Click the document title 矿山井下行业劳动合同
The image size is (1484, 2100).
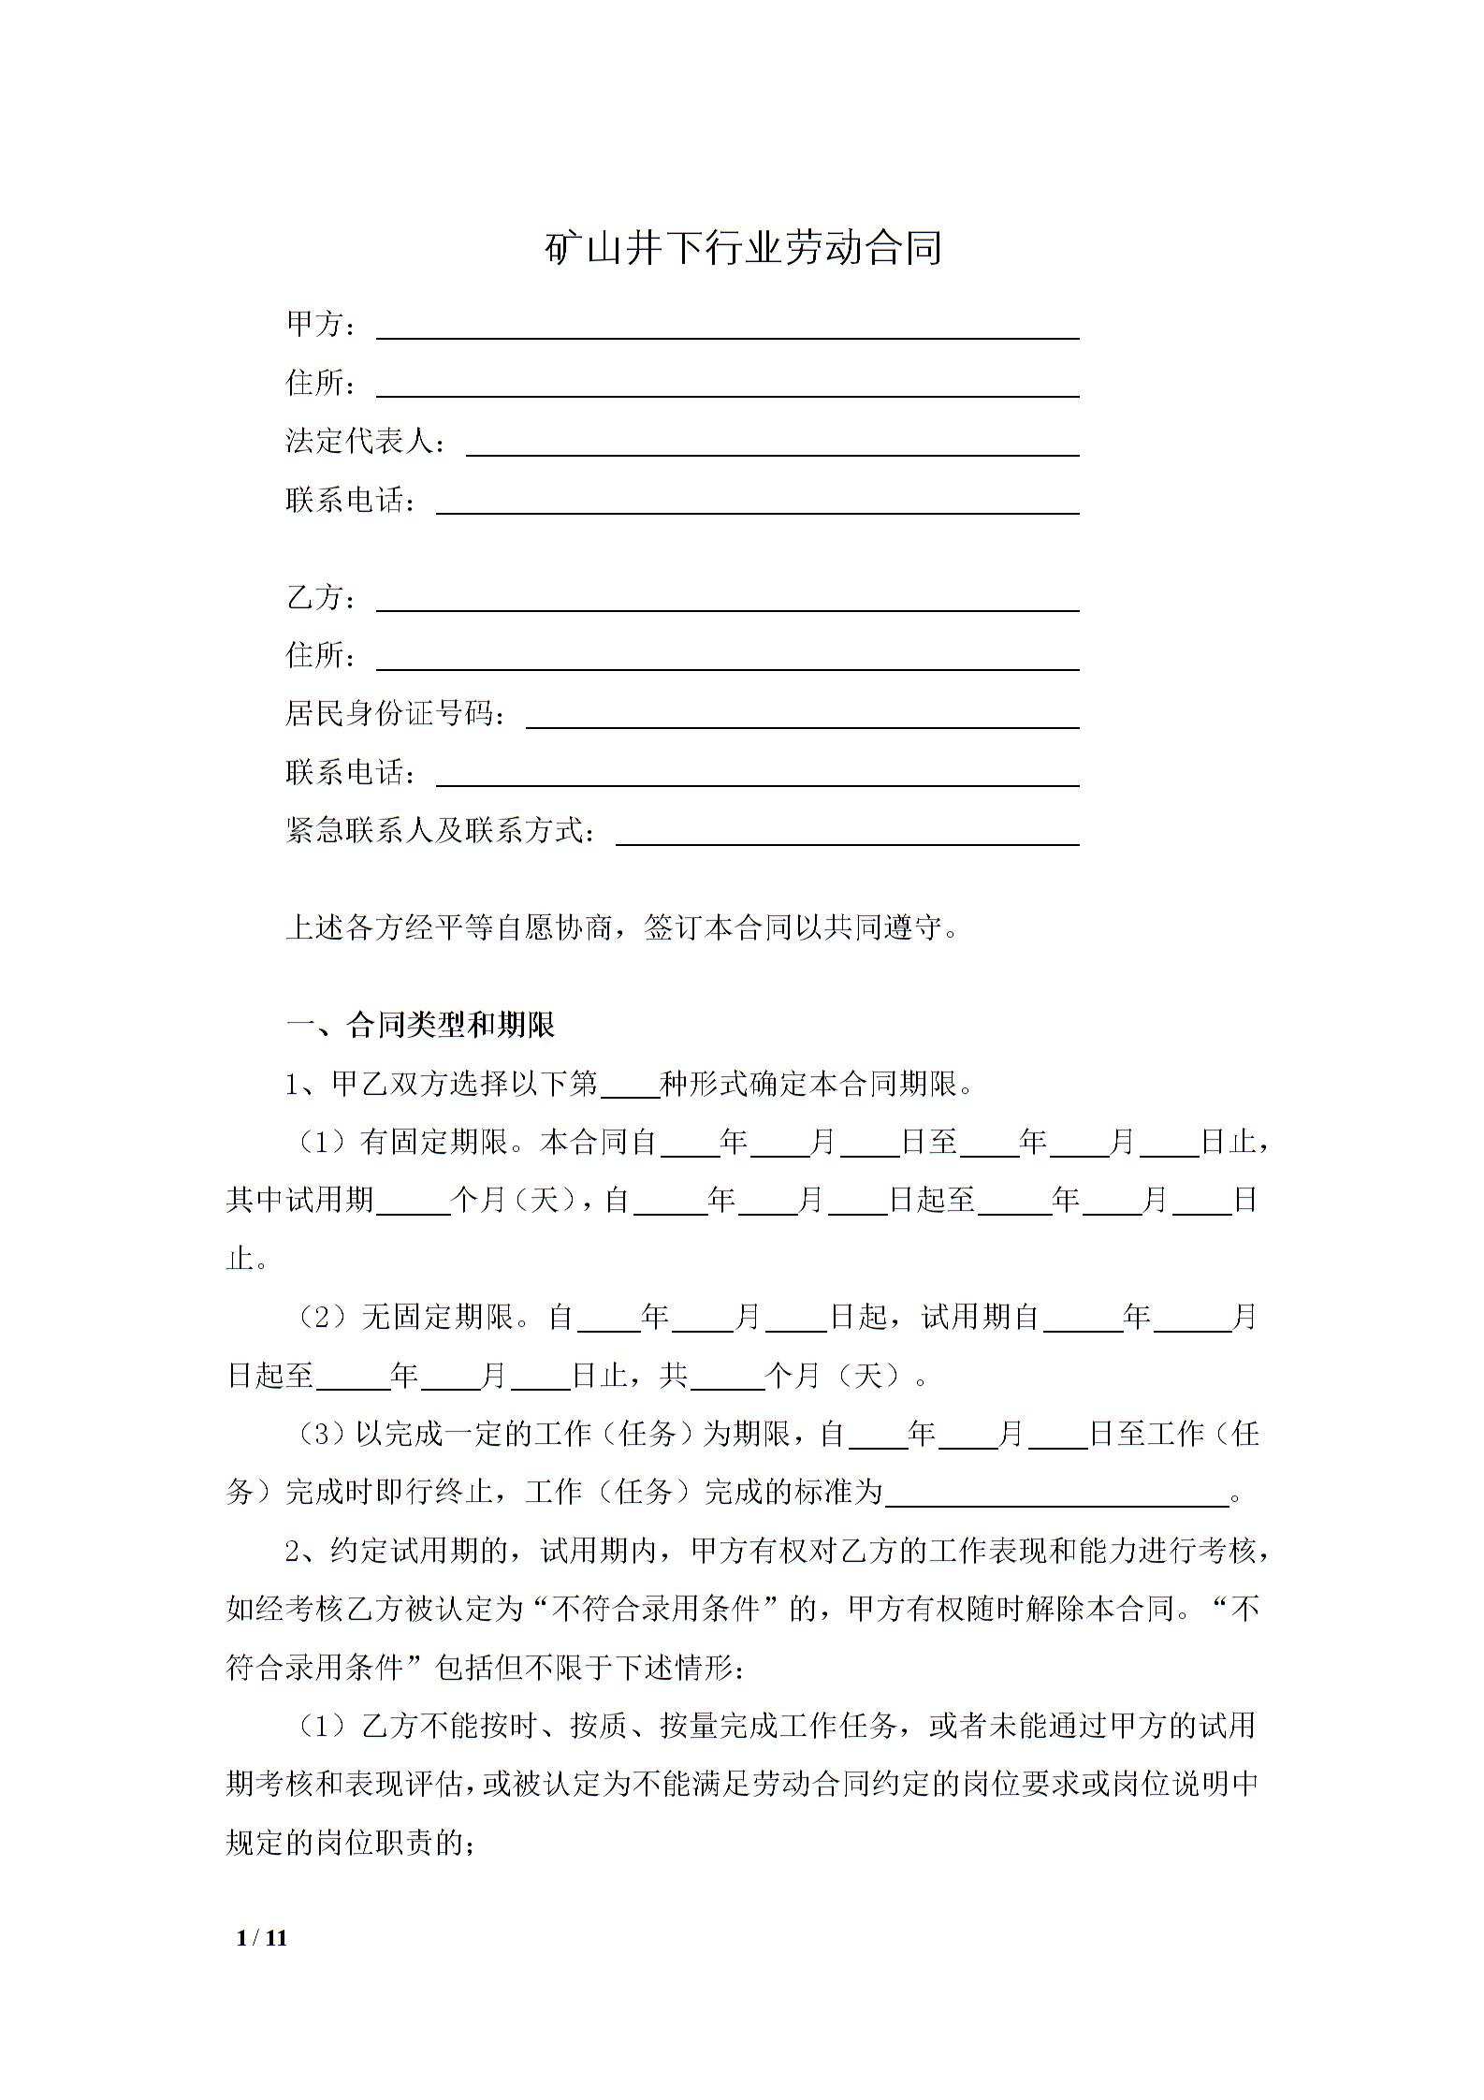tap(743, 249)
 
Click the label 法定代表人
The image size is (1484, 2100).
tap(359, 442)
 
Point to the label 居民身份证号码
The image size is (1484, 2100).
tap(389, 714)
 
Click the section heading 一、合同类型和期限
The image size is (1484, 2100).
tap(420, 1025)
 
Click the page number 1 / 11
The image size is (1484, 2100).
tap(263, 1937)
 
